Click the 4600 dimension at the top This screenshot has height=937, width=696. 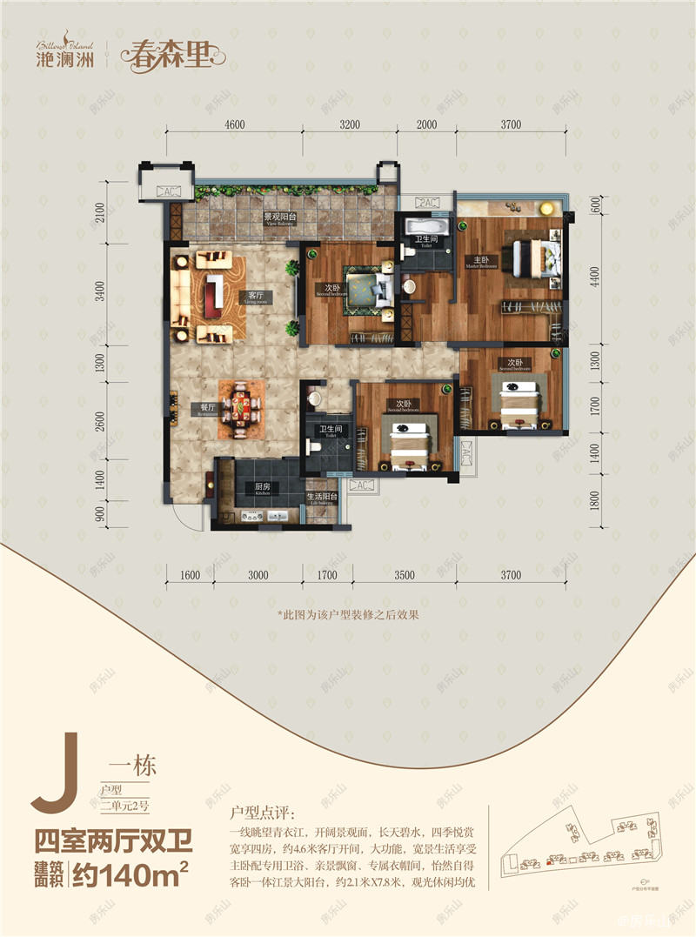click(x=233, y=125)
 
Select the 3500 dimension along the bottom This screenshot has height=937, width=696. click(x=403, y=575)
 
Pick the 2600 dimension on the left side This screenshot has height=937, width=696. click(x=101, y=419)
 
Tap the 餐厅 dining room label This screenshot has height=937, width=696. click(x=207, y=407)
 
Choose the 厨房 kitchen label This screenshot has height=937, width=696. click(x=258, y=488)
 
